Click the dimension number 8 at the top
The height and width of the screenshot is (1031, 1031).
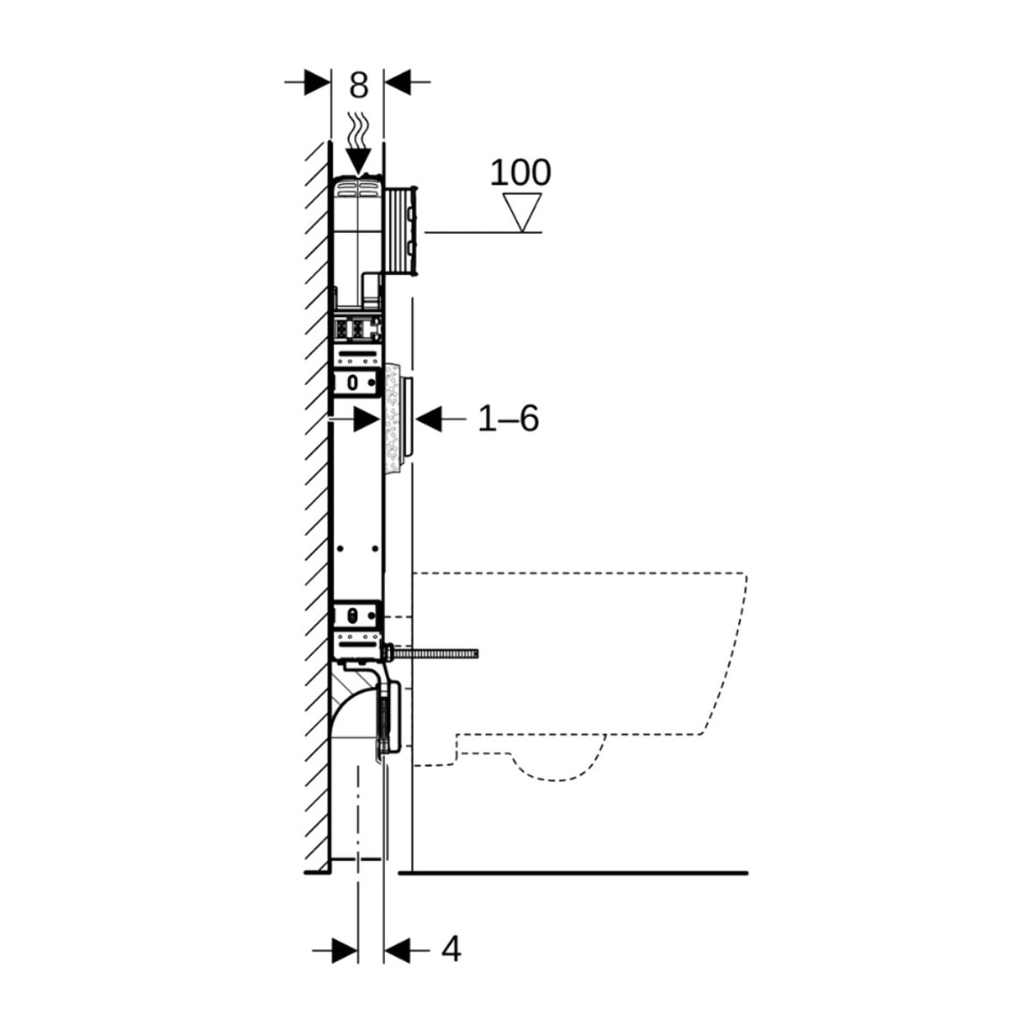click(358, 85)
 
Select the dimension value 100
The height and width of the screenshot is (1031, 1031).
click(520, 173)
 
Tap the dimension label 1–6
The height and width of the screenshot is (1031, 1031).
click(508, 419)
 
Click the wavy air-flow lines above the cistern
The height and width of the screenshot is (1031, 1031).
click(358, 131)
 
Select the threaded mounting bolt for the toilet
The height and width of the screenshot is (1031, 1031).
click(434, 654)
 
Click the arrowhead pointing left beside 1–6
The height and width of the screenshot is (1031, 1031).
click(429, 419)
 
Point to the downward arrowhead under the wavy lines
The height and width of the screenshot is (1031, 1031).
click(357, 161)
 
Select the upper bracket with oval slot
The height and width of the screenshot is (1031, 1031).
click(356, 381)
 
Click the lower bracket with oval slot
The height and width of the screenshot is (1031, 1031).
click(356, 614)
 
